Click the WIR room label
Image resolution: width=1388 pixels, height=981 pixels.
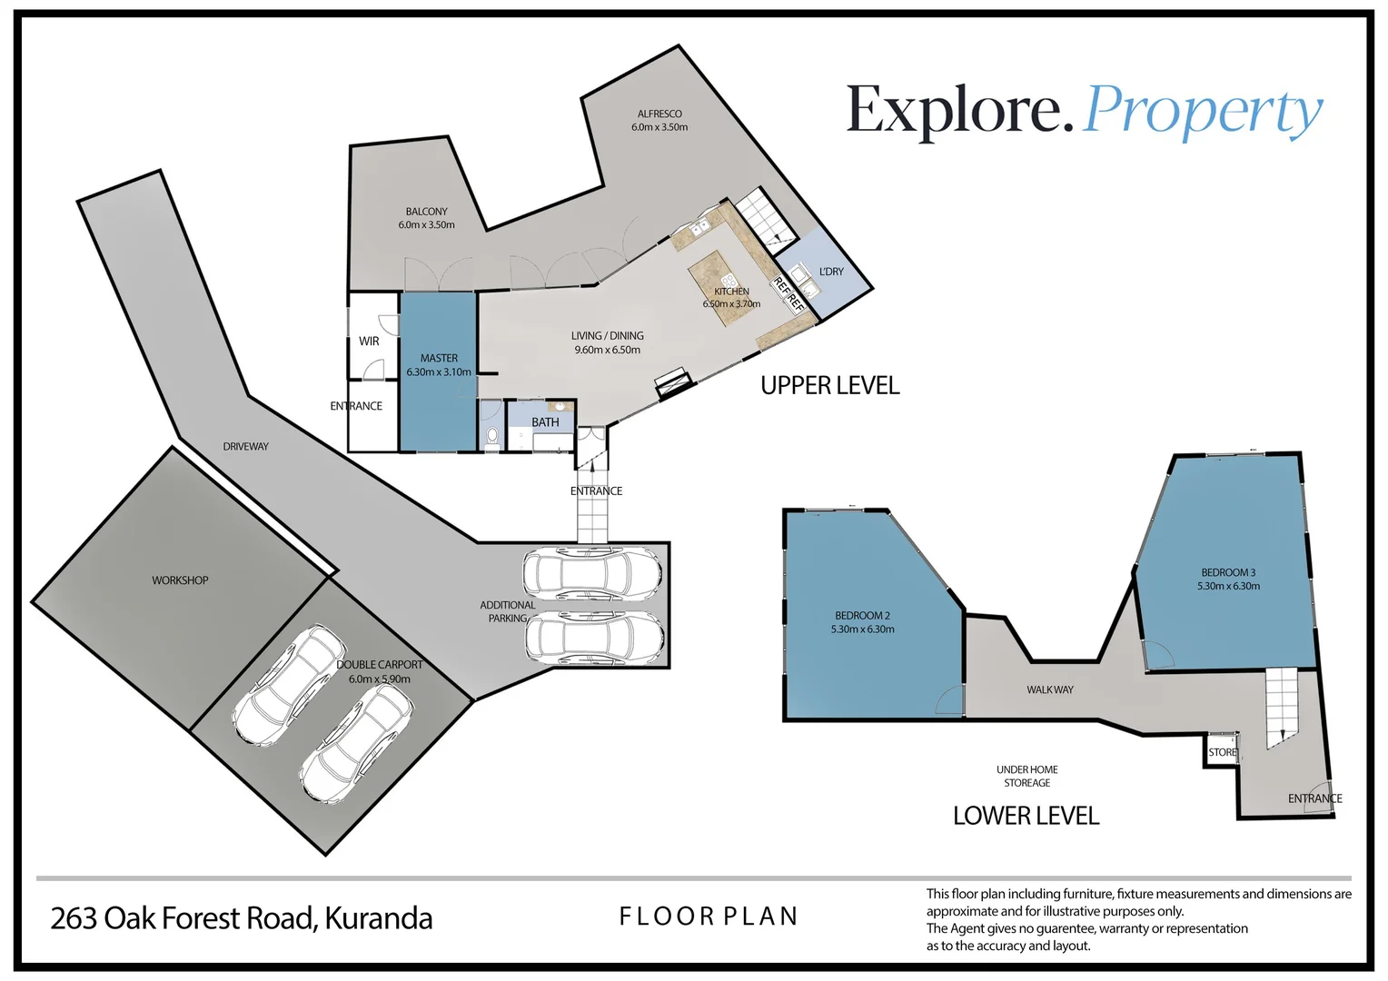tap(369, 341)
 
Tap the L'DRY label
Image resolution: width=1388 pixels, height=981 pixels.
tap(831, 272)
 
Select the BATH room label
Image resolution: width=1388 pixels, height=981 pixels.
tap(545, 422)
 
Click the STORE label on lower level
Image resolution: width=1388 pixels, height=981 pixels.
tap(1223, 752)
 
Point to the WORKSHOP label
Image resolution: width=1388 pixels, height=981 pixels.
tap(181, 580)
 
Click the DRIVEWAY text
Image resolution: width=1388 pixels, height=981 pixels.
tap(246, 446)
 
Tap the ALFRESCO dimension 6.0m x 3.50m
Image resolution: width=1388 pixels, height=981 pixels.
tap(659, 127)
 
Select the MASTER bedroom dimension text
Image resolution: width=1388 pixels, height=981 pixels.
tap(439, 372)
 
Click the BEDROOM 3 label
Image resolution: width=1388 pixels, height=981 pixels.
tap(1228, 572)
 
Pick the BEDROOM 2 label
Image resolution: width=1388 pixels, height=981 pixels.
tap(863, 615)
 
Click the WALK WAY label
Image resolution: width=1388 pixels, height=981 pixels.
tap(1050, 689)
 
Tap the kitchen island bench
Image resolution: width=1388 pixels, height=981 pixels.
tap(722, 288)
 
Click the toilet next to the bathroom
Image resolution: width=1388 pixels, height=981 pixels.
tap(492, 436)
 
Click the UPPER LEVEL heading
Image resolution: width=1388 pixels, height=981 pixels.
tap(829, 385)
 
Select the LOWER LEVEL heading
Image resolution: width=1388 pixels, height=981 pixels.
tap(1026, 816)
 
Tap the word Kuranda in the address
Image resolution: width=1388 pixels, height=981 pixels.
tap(378, 918)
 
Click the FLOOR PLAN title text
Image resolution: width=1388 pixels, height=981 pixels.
tap(709, 917)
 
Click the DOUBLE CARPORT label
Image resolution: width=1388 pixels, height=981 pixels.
tap(379, 665)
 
